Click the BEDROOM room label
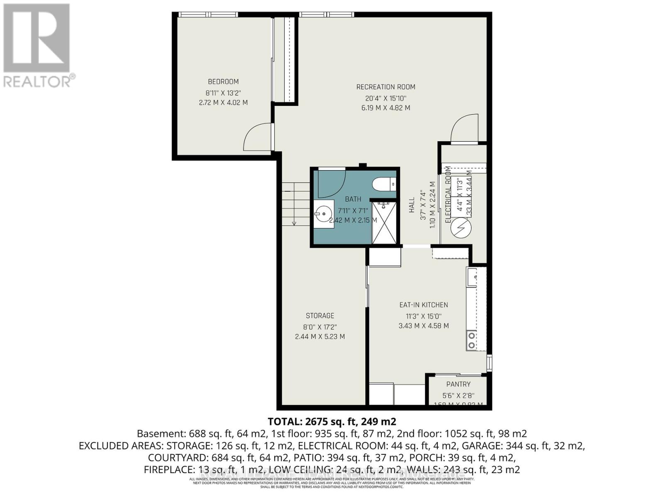click(x=223, y=82)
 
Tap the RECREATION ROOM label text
click(x=386, y=87)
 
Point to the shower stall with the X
click(x=384, y=223)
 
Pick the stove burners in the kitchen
click(x=471, y=340)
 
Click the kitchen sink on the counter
click(x=471, y=278)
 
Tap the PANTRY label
click(x=458, y=385)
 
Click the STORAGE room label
click(x=320, y=316)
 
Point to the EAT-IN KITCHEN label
click(x=423, y=305)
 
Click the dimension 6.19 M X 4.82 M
click(x=386, y=108)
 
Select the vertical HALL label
click(x=412, y=205)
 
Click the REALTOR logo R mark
click(x=37, y=38)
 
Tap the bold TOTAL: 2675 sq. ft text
click(x=332, y=422)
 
